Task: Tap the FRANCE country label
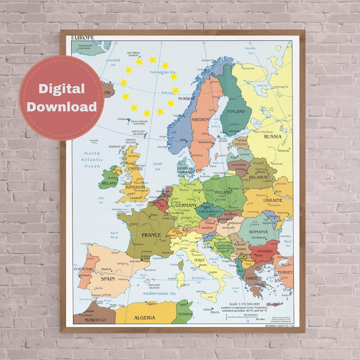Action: tap(151, 235)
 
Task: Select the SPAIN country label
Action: tap(108, 278)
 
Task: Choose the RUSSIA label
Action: tap(273, 136)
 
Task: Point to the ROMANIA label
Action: tap(258, 232)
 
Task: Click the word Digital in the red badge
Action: tap(62, 89)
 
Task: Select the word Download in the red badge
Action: tap(62, 107)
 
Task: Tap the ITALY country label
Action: tap(199, 260)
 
